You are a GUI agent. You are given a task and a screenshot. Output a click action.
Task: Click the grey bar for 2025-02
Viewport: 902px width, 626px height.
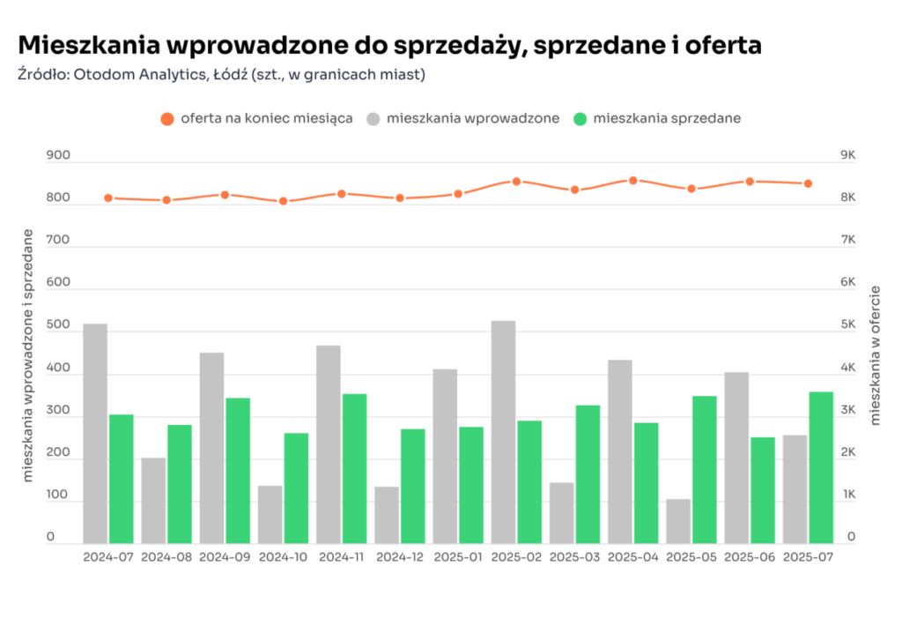pos(503,432)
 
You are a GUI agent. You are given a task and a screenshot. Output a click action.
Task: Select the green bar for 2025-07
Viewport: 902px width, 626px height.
pos(821,467)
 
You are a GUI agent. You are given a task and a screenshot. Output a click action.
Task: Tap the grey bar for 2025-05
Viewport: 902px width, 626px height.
pos(678,521)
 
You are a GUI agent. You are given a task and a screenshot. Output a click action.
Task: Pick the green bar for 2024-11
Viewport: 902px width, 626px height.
pos(354,469)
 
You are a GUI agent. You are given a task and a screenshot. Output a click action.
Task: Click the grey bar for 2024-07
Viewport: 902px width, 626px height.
pos(95,434)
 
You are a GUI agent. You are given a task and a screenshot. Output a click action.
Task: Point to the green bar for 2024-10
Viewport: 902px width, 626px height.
pos(296,488)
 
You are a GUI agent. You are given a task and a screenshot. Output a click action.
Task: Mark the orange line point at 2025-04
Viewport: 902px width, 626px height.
pos(633,180)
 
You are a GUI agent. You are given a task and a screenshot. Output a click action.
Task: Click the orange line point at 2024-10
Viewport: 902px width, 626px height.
pos(283,201)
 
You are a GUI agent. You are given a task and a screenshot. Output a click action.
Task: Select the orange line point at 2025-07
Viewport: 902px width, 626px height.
pos(809,183)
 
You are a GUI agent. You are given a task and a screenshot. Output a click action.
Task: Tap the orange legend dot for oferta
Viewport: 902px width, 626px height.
pos(167,119)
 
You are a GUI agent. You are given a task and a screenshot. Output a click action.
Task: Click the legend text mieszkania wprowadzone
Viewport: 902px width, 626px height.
pos(473,119)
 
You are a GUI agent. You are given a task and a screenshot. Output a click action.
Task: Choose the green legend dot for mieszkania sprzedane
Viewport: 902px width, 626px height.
pos(580,119)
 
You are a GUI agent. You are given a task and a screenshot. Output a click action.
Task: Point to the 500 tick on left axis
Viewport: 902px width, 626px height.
pos(58,324)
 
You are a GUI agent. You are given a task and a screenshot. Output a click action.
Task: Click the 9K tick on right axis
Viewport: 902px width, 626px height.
pos(848,155)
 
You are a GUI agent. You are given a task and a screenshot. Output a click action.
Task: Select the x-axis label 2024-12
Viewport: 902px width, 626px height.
pos(400,557)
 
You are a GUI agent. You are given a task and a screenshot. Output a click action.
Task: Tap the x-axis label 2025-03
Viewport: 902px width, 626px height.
pos(574,557)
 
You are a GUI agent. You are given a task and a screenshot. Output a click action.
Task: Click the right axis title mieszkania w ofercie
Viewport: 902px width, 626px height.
pos(876,355)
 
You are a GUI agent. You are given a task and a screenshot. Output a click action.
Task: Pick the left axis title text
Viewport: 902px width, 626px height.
pos(27,355)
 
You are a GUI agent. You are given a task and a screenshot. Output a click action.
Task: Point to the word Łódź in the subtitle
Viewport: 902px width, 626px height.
pos(230,74)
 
